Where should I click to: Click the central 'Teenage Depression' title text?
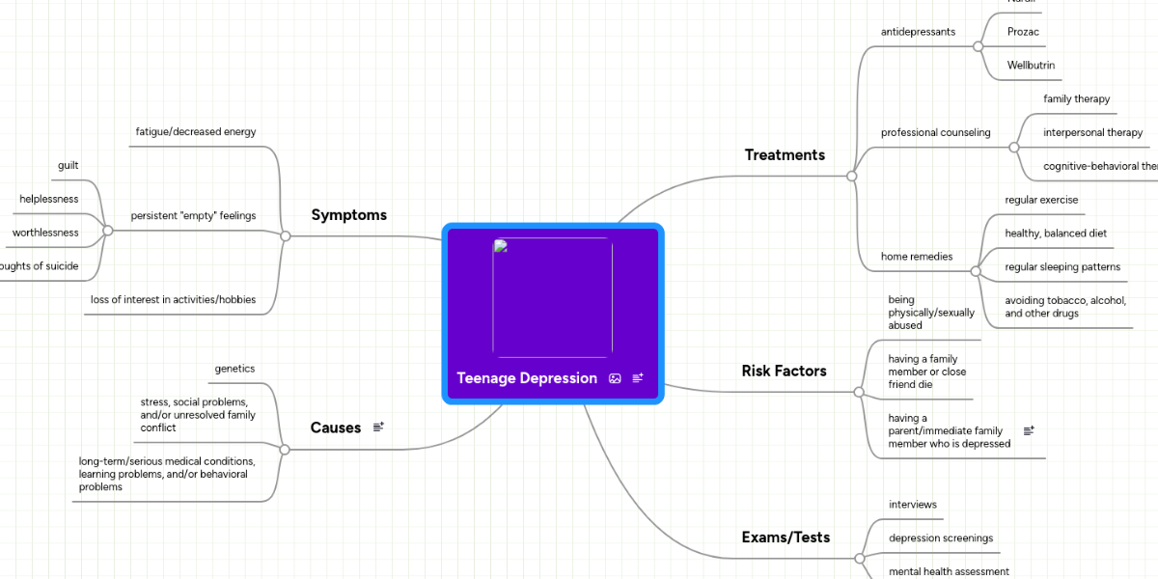pos(527,378)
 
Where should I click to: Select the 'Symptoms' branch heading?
pos(348,215)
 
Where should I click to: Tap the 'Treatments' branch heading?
pos(785,154)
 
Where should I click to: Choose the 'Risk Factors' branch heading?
pos(784,371)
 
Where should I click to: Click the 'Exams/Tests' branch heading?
pos(785,537)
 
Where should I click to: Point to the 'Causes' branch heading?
pos(335,427)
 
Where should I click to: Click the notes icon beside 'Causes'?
pos(378,427)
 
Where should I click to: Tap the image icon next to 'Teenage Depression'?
pos(615,378)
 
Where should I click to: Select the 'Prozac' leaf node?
pos(1023,32)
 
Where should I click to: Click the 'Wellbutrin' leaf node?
pos(1031,66)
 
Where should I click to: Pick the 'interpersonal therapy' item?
pos(1092,132)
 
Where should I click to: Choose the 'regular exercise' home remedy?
pos(1041,200)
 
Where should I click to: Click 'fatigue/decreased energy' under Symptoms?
pos(195,131)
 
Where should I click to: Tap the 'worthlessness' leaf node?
pos(45,233)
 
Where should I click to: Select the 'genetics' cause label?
pos(234,369)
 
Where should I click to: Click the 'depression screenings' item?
pos(940,538)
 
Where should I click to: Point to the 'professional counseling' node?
pos(935,132)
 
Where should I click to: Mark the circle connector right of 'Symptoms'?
pos(285,235)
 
